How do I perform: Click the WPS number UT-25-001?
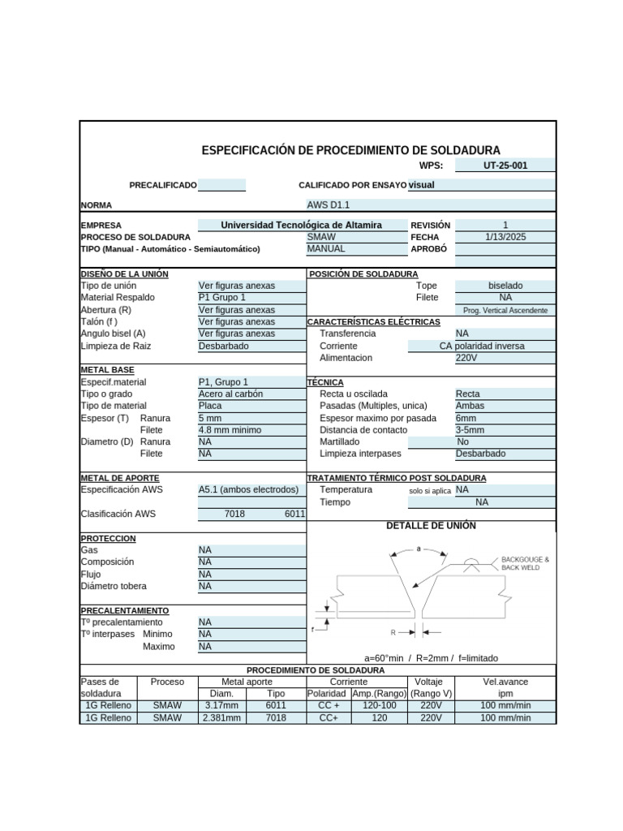[505, 166]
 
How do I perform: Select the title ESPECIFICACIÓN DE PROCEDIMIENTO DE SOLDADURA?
[350, 150]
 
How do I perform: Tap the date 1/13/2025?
[505, 237]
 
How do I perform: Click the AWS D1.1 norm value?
[329, 205]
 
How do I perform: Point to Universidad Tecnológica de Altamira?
[301, 225]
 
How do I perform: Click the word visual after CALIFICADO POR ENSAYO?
[421, 185]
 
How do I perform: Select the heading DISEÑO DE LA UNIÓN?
[125, 274]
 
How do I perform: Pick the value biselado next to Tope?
[505, 286]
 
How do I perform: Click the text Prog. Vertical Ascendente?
[505, 310]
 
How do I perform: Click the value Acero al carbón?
[231, 394]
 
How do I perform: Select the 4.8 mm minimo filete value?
[230, 430]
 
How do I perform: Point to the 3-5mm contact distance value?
[470, 430]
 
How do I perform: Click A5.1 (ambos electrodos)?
[249, 490]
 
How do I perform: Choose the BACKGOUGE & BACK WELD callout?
[525, 563]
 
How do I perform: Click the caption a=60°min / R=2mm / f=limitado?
[432, 658]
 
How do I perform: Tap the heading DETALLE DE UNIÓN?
[432, 526]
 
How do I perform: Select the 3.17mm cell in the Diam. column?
[221, 706]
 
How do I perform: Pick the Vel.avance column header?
[505, 682]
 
